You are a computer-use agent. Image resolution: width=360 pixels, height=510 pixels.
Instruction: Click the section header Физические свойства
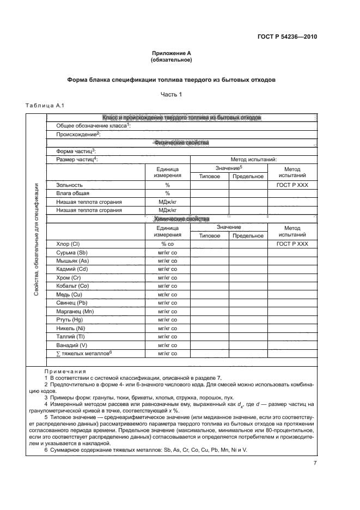click(x=181, y=143)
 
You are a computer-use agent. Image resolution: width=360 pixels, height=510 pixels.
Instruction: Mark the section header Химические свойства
click(x=181, y=219)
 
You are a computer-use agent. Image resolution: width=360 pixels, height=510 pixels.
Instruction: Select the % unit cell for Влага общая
click(x=168, y=193)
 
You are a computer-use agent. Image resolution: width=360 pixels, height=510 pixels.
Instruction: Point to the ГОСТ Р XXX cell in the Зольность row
click(x=292, y=185)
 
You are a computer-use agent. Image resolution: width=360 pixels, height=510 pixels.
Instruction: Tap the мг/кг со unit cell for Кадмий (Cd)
click(x=168, y=269)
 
